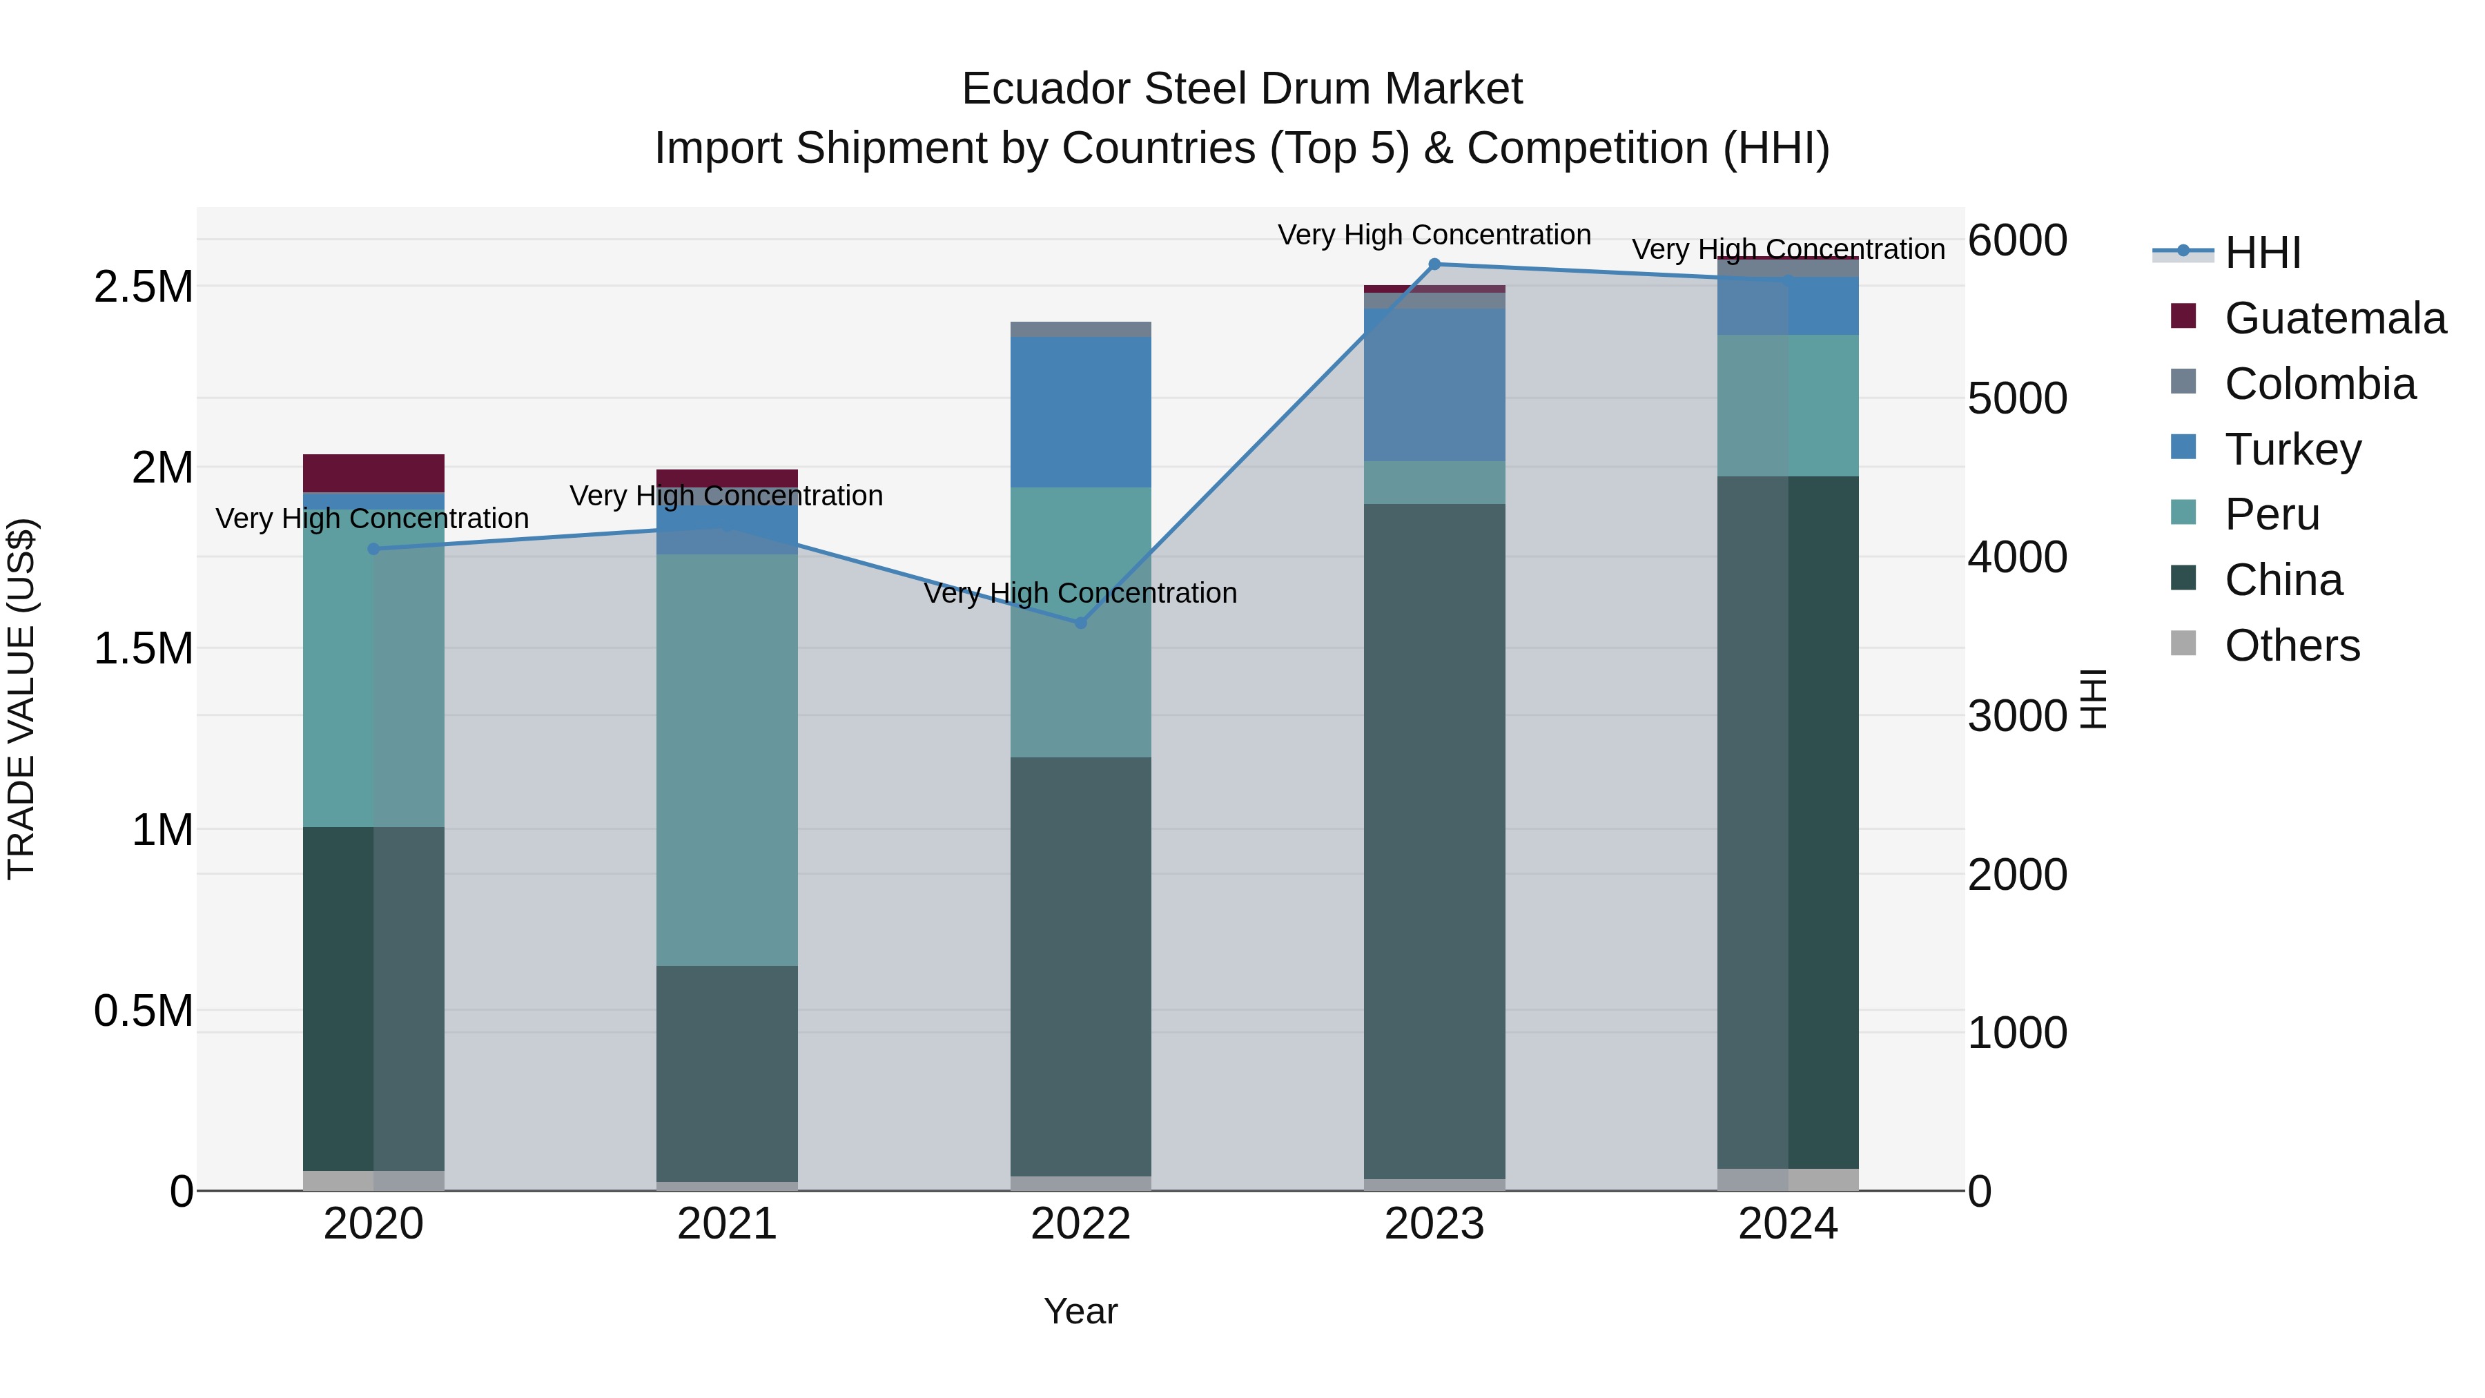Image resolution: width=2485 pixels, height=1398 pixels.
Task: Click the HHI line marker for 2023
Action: tap(1434, 264)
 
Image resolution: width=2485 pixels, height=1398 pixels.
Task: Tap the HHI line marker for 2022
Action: tap(1080, 623)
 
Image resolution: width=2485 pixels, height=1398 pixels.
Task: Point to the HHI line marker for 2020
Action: tap(373, 549)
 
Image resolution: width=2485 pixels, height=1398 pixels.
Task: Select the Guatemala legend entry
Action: tap(2334, 318)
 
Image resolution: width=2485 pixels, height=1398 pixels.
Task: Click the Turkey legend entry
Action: tap(2292, 449)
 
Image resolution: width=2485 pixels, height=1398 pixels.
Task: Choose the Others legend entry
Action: tap(2291, 645)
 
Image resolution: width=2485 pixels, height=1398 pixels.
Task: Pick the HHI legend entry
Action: tap(2261, 253)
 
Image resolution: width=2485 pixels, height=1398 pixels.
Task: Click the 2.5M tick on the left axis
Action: tap(144, 287)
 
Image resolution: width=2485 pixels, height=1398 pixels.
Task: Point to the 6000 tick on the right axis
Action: tap(2017, 240)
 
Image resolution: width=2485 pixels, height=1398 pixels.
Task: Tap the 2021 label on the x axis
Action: tap(726, 1224)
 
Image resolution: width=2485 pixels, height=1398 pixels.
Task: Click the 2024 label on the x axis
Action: tap(1788, 1224)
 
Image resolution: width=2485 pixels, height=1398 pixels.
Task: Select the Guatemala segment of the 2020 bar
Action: tap(373, 473)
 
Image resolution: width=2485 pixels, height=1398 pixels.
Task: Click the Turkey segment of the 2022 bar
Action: tap(1080, 412)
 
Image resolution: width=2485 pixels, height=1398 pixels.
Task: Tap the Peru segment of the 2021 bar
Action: tap(726, 759)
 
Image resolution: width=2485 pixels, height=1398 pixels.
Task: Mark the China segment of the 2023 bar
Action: tap(1434, 839)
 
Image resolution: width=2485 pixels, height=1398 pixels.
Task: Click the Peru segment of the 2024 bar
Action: tap(1788, 405)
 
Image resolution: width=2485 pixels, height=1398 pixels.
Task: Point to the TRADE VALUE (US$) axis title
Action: tap(21, 699)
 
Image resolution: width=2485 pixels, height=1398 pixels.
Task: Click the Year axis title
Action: tap(1080, 1311)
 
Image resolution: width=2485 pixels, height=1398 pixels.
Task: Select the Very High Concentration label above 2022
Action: tap(1080, 593)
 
